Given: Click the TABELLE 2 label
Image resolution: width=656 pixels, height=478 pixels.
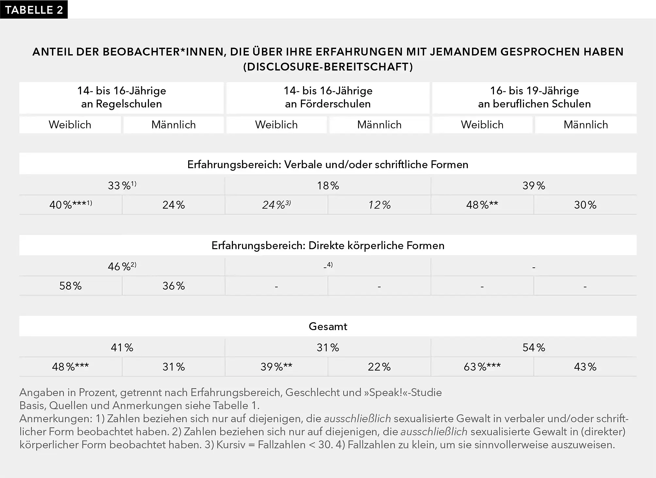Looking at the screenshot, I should tap(34, 10).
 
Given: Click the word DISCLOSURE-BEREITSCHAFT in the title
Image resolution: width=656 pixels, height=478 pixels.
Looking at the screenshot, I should tap(328, 67).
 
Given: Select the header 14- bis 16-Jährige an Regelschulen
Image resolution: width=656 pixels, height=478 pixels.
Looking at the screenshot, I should tap(122, 97).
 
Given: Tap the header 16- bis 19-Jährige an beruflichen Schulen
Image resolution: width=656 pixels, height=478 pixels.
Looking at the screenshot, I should tap(534, 97).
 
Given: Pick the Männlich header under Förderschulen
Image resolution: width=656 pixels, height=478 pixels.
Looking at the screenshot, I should tap(379, 125).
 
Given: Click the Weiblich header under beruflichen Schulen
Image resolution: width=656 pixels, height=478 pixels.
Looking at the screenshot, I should tap(482, 125).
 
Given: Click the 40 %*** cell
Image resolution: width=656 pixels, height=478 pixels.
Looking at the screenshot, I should tap(70, 205).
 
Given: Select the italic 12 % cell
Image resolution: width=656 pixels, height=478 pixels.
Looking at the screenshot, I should tap(379, 205).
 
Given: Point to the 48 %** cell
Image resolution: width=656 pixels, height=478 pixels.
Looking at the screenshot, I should tap(482, 205).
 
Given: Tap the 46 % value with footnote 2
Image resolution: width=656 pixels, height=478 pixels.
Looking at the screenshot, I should tap(122, 266).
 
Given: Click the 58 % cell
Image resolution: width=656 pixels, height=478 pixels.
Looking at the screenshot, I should tap(70, 286).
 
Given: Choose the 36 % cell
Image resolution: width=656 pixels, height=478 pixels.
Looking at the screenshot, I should tap(173, 286).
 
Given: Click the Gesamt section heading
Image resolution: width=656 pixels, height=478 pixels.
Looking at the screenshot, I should tap(328, 326).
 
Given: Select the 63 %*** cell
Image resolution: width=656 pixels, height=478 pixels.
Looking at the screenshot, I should tap(482, 367).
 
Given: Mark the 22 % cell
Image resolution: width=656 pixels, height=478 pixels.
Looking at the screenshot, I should tap(379, 367).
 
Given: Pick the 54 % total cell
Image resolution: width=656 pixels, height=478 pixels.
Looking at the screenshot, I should tap(533, 347).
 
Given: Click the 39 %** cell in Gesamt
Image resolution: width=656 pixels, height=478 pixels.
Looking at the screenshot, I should tap(276, 367).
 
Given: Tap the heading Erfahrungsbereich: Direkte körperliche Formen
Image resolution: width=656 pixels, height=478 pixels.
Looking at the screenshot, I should tap(328, 245).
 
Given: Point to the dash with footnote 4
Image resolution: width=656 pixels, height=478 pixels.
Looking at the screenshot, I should tap(328, 266).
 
